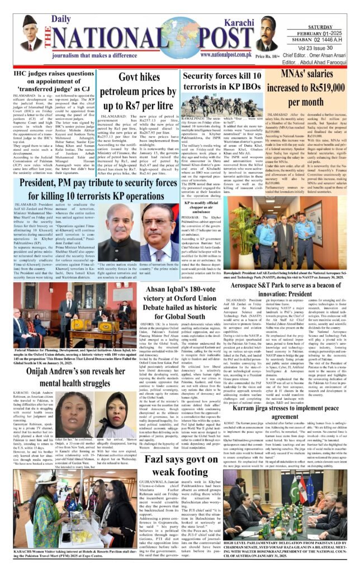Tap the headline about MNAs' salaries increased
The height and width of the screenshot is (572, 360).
[305, 89]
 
